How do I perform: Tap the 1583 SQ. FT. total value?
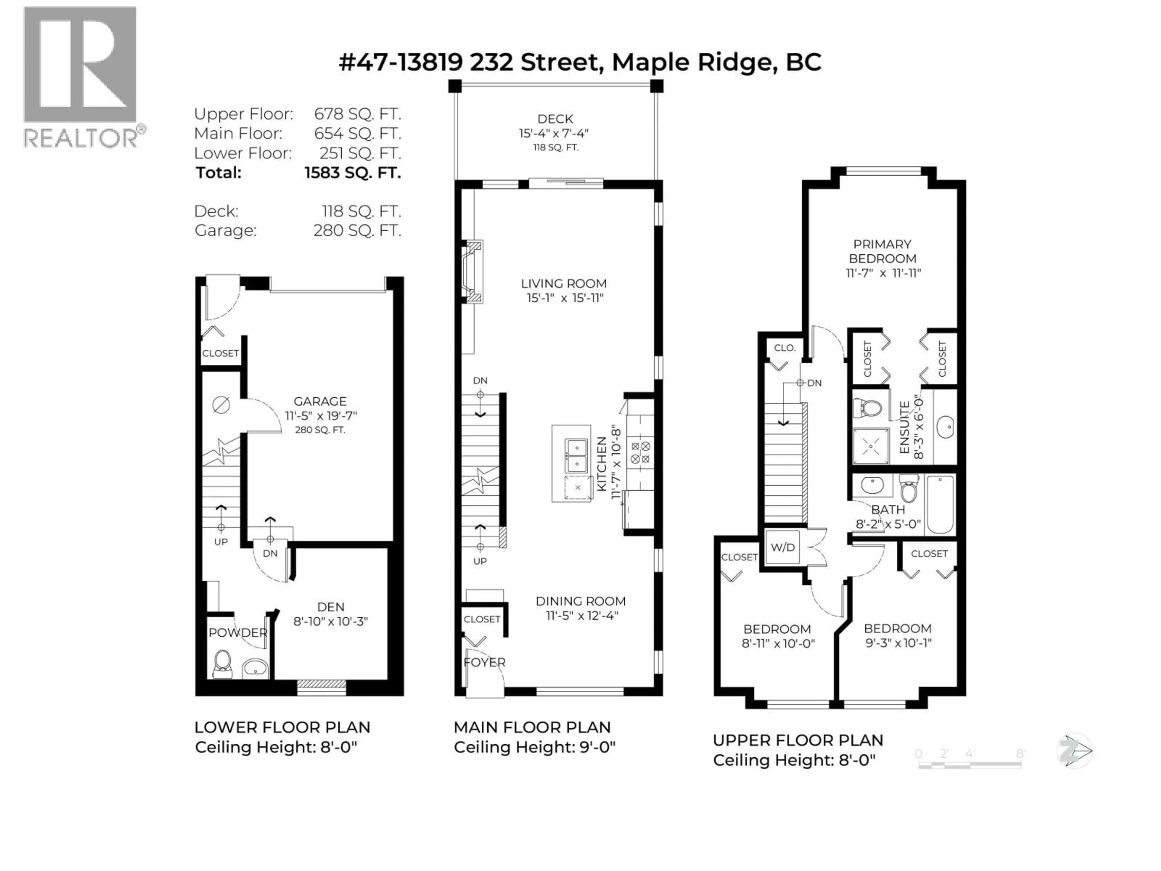pyautogui.click(x=353, y=173)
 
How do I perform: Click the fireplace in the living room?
pyautogui.click(x=472, y=272)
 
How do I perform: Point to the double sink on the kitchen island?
pyautogui.click(x=576, y=456)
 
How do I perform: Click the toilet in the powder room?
pyautogui.click(x=223, y=664)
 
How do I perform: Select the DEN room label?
pyautogui.click(x=331, y=607)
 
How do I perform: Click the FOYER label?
pyautogui.click(x=484, y=663)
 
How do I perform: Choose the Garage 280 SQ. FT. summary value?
pyautogui.click(x=357, y=230)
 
